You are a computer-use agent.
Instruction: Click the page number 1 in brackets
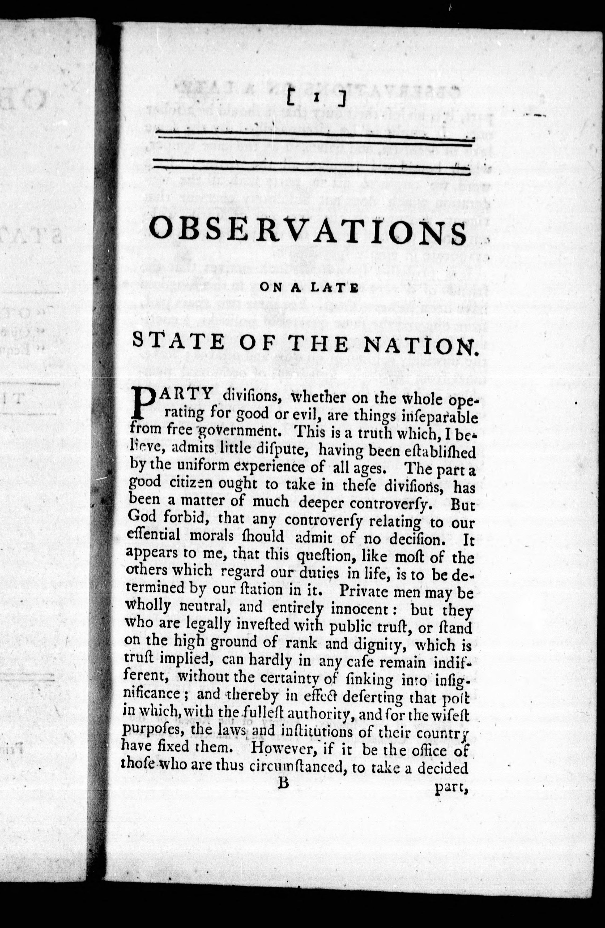(316, 100)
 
